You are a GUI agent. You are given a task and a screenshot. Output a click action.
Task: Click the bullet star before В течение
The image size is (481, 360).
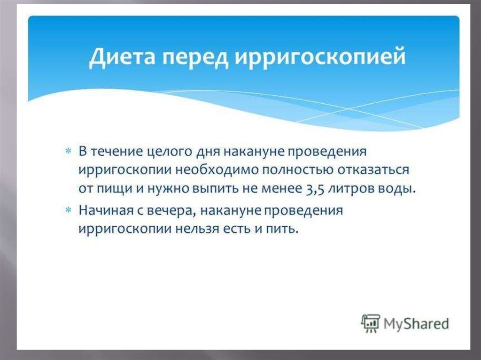coord(68,151)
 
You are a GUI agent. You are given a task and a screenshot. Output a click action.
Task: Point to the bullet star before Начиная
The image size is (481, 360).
coord(68,210)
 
